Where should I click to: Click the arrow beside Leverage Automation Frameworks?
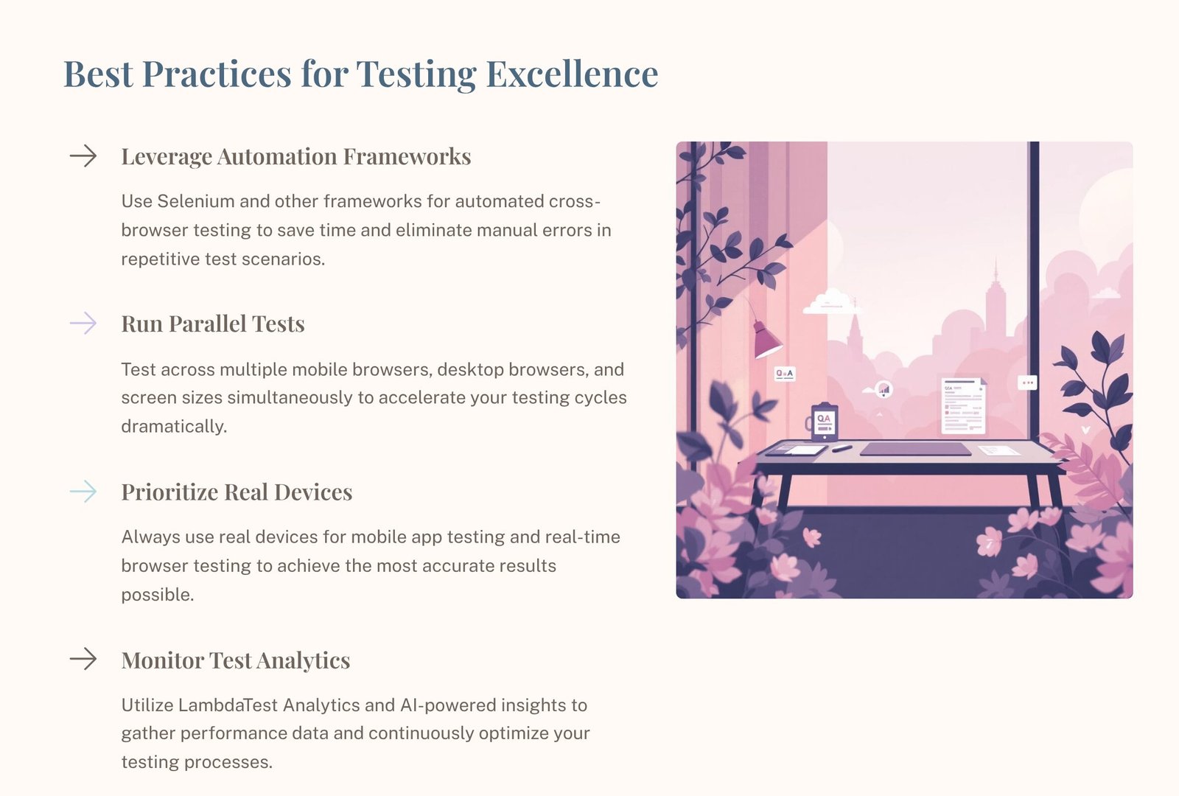83,156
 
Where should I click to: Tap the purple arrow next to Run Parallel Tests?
83,323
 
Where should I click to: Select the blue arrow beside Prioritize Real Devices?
83,491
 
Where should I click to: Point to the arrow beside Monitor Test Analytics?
83,659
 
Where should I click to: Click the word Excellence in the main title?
572,74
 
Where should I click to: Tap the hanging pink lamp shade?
766,341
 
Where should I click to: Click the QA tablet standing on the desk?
824,422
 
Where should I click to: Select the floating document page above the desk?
963,405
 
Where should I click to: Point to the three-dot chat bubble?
1027,383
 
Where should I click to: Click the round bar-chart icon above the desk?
884,389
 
